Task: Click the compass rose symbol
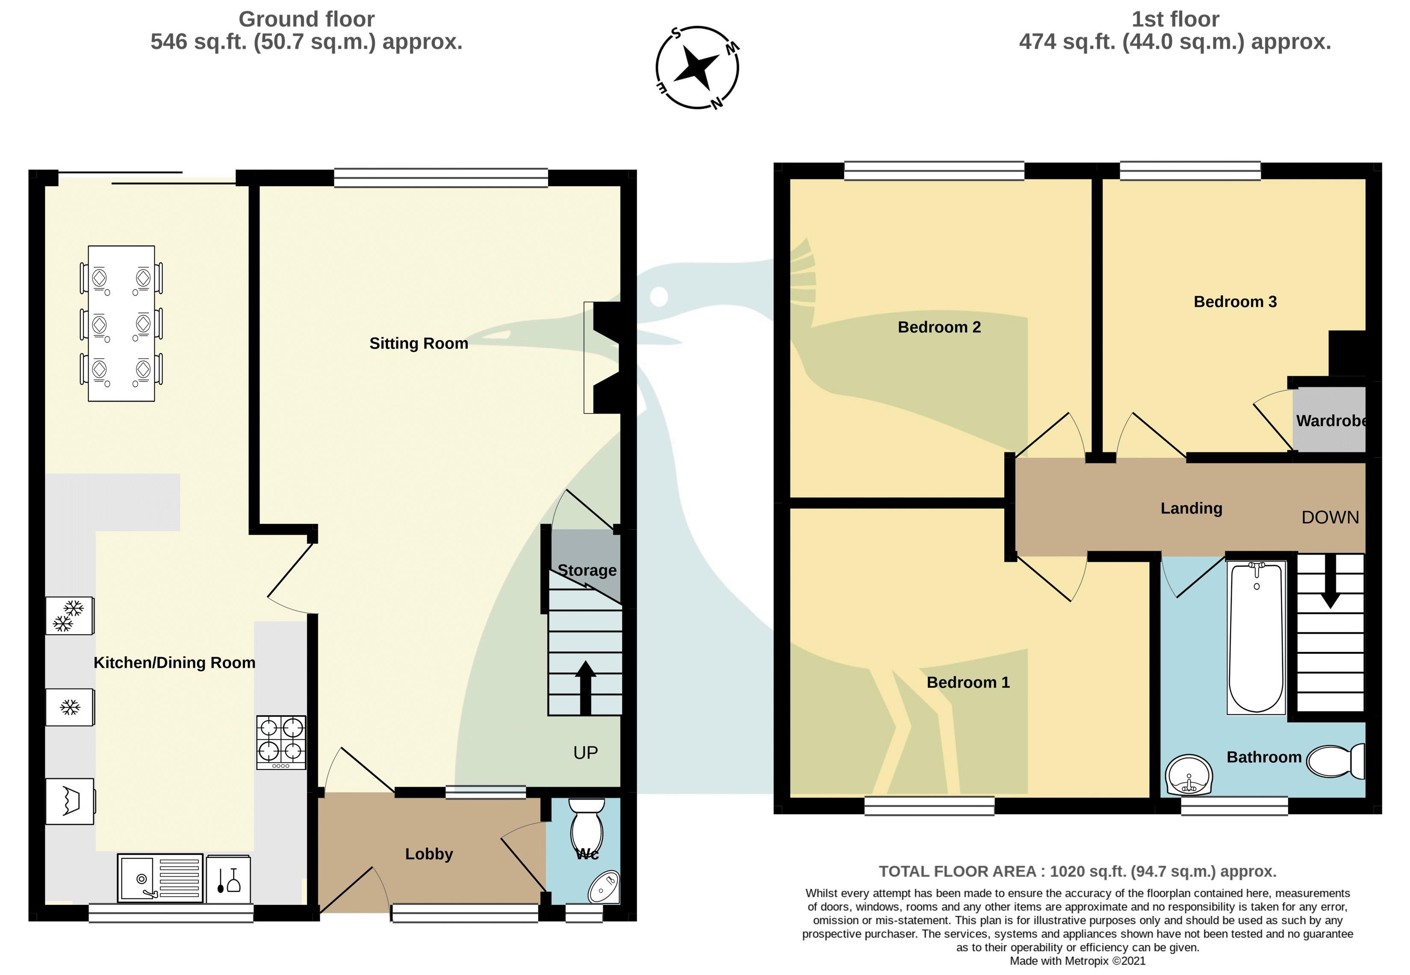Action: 697,67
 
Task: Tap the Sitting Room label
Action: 419,344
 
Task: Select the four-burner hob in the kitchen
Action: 280,742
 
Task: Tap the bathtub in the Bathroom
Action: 1256,637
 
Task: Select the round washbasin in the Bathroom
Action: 1189,775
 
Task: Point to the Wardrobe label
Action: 1330,420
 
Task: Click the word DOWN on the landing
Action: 1330,517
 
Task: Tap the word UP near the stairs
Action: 585,753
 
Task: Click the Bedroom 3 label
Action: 1235,302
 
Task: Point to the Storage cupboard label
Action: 587,570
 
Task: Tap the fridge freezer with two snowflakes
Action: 70,615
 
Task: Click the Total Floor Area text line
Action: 1077,871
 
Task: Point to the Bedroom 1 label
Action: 968,682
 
